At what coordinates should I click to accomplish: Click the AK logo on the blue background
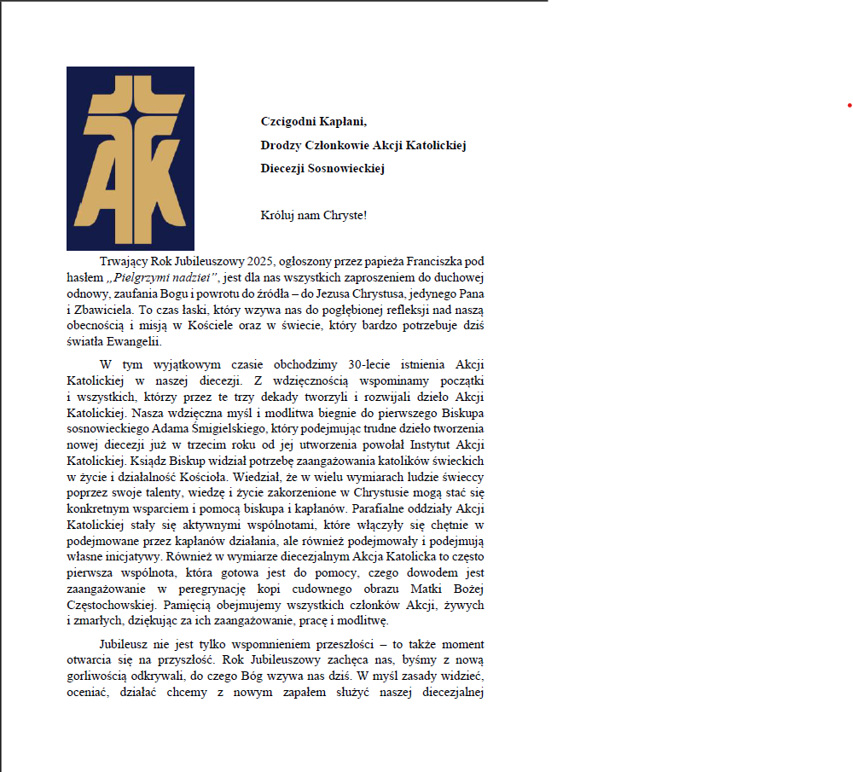(131, 159)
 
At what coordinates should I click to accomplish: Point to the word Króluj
(278, 215)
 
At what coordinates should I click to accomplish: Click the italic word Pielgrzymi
(139, 277)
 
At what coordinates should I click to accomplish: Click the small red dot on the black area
(850, 105)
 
